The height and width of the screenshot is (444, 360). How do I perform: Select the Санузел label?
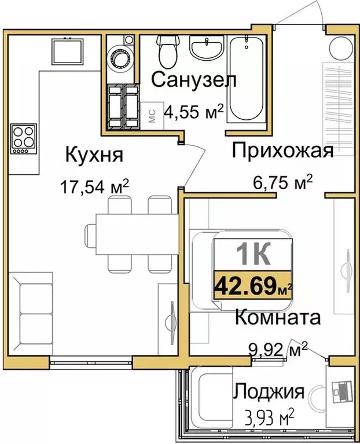point(194,80)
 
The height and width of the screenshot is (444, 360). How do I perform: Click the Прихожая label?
point(282,152)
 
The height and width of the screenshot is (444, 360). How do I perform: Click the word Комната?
point(278,318)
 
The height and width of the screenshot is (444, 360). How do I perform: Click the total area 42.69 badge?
point(253,285)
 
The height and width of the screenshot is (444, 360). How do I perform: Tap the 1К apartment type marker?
point(253,253)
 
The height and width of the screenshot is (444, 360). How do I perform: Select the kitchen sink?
point(68,50)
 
